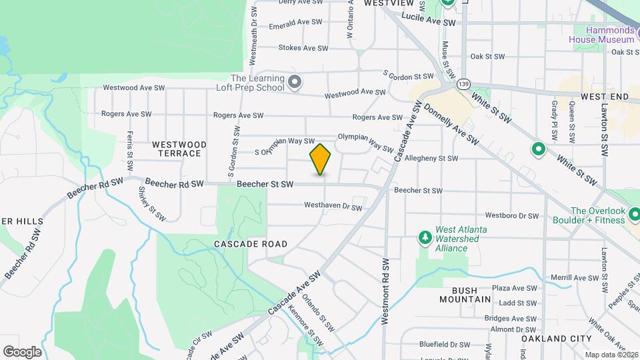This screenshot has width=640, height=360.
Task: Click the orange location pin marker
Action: [x=320, y=159]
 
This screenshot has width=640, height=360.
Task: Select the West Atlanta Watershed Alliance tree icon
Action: [x=424, y=237]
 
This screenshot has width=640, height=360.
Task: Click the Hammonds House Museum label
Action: [x=601, y=35]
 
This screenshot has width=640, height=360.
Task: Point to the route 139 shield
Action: [x=463, y=84]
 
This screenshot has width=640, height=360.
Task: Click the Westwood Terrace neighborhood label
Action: [x=179, y=149]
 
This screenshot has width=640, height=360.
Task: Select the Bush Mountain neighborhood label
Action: [x=465, y=295]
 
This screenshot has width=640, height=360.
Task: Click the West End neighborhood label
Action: [x=604, y=97]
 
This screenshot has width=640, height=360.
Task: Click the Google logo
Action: [x=22, y=352]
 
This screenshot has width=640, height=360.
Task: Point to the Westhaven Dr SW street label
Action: [x=333, y=207]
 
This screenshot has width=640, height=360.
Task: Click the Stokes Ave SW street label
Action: [x=303, y=48]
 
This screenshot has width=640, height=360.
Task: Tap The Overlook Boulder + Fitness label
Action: [x=589, y=215]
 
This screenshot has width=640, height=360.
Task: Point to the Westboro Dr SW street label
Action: [x=511, y=216]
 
